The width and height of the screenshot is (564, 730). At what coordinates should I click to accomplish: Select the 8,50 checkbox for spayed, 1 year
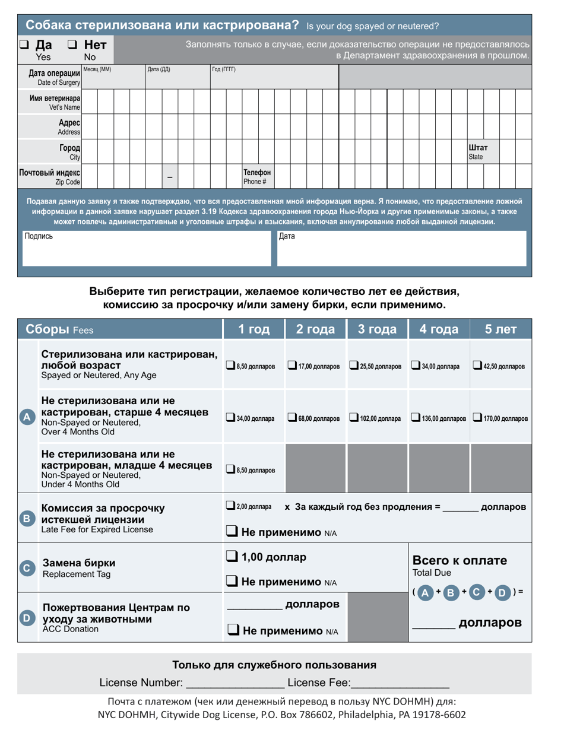232,366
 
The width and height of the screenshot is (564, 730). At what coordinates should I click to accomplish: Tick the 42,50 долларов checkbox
477,366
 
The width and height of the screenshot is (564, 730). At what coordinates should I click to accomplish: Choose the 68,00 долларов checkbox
293,418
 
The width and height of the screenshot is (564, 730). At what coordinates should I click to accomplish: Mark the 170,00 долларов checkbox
477,418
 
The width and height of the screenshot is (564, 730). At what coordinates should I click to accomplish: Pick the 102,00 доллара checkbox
354,418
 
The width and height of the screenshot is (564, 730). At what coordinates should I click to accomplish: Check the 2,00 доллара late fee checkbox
231,506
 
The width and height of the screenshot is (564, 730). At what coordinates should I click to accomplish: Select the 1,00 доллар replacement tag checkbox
232,557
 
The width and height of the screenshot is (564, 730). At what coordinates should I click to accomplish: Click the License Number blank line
235,683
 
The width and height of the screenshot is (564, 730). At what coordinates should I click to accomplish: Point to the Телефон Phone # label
257,176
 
